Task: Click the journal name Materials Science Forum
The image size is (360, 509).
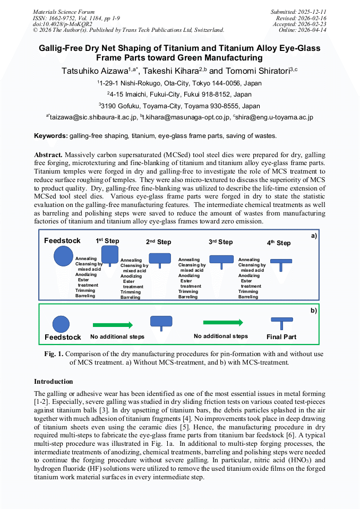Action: [x=64, y=12]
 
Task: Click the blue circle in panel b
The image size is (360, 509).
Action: [x=61, y=323]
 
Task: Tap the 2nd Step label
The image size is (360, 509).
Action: [x=159, y=242]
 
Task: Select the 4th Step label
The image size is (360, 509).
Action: [x=279, y=243]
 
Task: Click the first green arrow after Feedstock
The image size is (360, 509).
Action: [x=113, y=325]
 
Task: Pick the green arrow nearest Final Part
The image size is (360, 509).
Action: [x=223, y=322]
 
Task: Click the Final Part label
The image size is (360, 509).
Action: [x=281, y=337]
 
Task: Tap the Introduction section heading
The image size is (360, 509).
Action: [x=54, y=382]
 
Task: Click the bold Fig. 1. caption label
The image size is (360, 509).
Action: [x=54, y=354]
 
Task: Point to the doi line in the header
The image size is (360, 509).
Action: [x=63, y=24]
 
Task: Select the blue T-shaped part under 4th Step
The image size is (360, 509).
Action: [x=281, y=264]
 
